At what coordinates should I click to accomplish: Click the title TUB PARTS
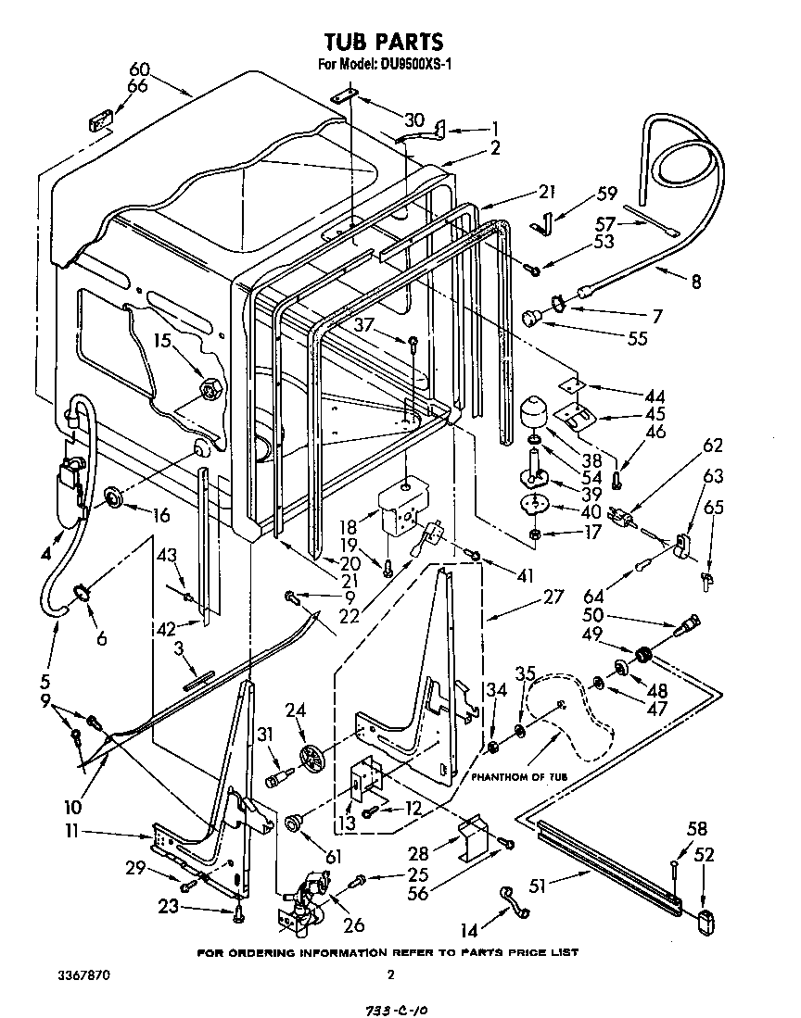(x=382, y=42)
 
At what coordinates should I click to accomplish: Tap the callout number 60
(x=139, y=69)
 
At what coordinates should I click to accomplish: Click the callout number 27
(x=553, y=597)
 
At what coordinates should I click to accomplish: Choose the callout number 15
(x=164, y=342)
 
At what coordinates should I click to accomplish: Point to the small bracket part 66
(x=99, y=121)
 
